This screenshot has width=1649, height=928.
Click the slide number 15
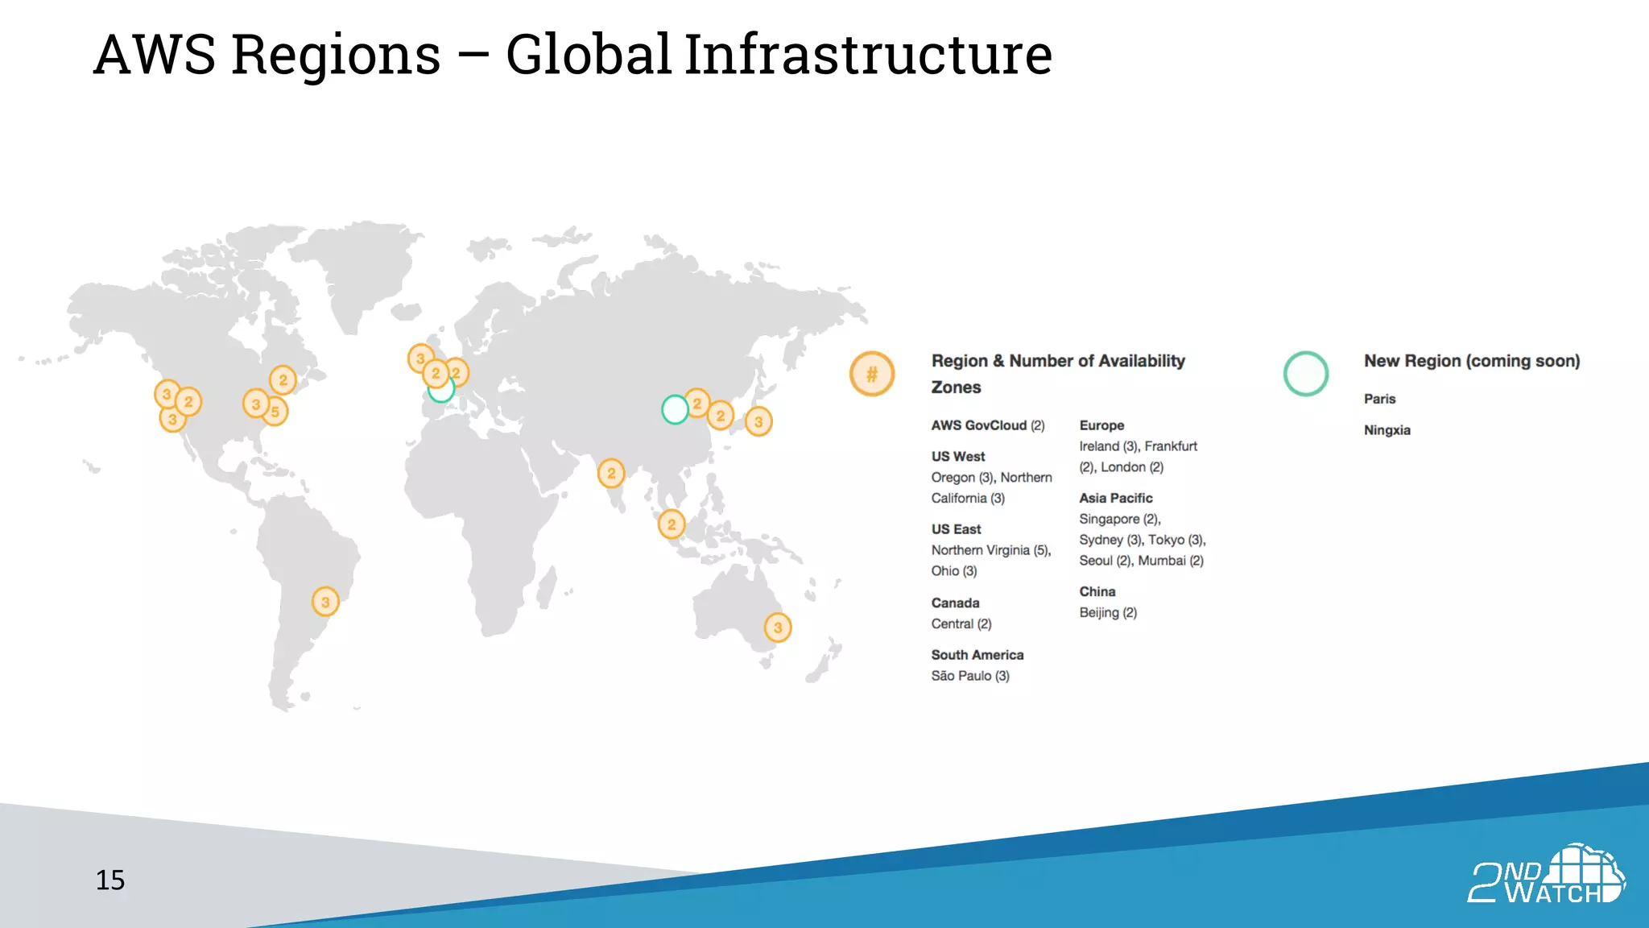[110, 880]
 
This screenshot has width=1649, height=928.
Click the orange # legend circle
[872, 374]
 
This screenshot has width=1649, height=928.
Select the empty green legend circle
[1305, 374]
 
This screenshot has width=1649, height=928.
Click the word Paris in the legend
[1379, 399]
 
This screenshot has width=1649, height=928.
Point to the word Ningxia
[1387, 430]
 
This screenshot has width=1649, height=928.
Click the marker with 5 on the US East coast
[275, 412]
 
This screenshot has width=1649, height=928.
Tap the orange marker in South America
[325, 602]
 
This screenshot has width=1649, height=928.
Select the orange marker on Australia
[778, 628]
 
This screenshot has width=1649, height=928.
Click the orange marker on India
[611, 473]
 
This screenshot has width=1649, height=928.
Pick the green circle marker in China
[675, 409]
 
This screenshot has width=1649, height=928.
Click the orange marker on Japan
[758, 421]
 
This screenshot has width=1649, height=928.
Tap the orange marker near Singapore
[672, 524]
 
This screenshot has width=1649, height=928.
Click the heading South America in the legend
[977, 655]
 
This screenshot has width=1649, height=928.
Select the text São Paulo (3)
[970, 676]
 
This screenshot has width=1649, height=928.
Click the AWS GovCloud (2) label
[987, 425]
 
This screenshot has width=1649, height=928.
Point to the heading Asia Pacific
[1115, 498]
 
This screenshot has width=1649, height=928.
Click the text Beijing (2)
[1108, 612]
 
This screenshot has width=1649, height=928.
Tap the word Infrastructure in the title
[868, 55]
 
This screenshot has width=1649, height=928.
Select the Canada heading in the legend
[955, 603]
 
